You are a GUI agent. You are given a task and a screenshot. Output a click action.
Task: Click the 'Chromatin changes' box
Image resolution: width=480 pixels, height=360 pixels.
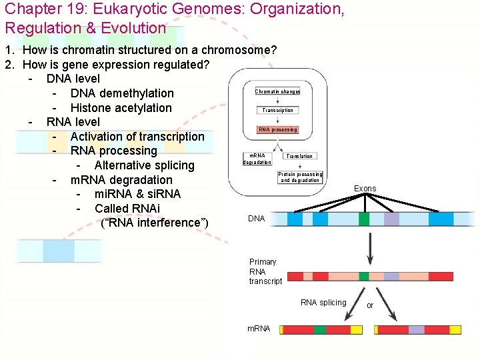tap(277, 91)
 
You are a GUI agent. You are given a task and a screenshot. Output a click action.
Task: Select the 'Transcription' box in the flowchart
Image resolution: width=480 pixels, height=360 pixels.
tap(277, 110)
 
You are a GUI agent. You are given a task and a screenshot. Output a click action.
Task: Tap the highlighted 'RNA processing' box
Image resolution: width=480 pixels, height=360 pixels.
tap(277, 129)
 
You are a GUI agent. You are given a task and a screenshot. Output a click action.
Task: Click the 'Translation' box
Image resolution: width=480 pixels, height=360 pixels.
tap(299, 156)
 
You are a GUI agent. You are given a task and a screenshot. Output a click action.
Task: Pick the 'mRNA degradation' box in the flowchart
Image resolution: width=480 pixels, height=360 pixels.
tap(257, 159)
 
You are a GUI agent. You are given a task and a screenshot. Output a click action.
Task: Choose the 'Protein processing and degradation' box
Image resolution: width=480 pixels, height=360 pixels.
tap(300, 177)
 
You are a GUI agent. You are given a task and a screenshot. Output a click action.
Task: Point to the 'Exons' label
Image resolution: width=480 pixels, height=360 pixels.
tap(365, 189)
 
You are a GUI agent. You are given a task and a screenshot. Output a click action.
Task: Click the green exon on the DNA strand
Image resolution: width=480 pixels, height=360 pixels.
tap(363, 219)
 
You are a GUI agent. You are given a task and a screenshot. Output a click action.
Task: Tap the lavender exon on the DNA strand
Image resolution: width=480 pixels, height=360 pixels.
tap(391, 219)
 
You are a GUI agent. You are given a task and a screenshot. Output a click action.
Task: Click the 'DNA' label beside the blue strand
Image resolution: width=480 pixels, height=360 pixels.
tap(256, 219)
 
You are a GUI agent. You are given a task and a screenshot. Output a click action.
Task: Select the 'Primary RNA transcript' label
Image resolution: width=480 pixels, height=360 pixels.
tap(265, 271)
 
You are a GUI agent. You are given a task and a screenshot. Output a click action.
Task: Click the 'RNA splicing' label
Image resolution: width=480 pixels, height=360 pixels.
tap(323, 303)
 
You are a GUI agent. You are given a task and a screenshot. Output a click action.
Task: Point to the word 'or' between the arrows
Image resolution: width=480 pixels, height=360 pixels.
tap(370, 305)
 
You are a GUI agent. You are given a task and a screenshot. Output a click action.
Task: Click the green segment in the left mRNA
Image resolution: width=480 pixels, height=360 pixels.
tap(320, 329)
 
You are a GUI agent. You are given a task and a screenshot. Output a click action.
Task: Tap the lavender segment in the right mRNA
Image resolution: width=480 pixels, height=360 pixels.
tap(416, 329)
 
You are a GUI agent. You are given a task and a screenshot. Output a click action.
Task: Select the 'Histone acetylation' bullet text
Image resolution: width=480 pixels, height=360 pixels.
tap(121, 108)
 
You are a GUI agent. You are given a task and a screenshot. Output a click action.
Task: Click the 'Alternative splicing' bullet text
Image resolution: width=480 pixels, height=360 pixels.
tap(144, 165)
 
